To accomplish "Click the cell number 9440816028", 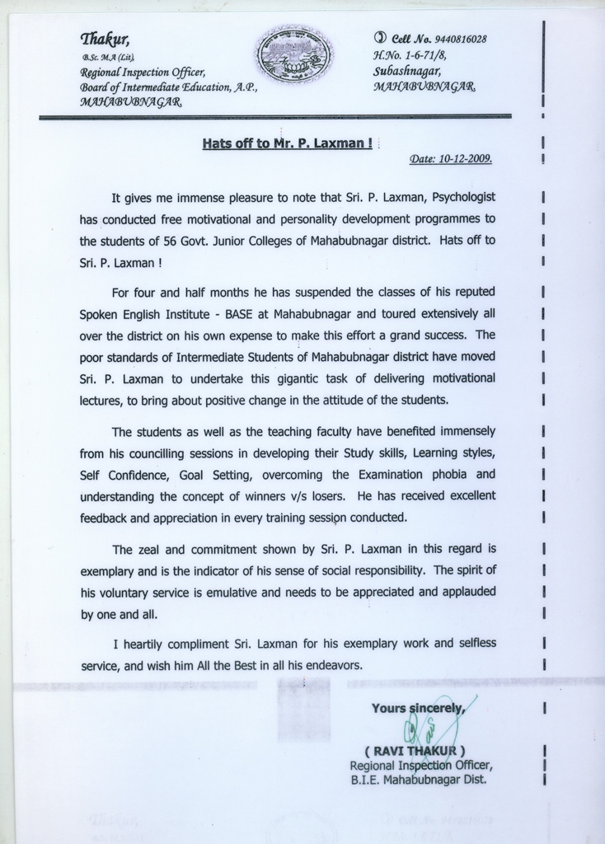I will (460, 40).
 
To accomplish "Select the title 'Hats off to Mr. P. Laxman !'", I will (287, 143).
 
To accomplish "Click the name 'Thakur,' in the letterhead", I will (106, 39).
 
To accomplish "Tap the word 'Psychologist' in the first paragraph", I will (462, 198).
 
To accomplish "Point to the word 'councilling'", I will (164, 453).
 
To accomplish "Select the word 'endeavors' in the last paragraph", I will (331, 664).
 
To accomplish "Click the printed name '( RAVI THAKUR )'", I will (415, 751).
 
